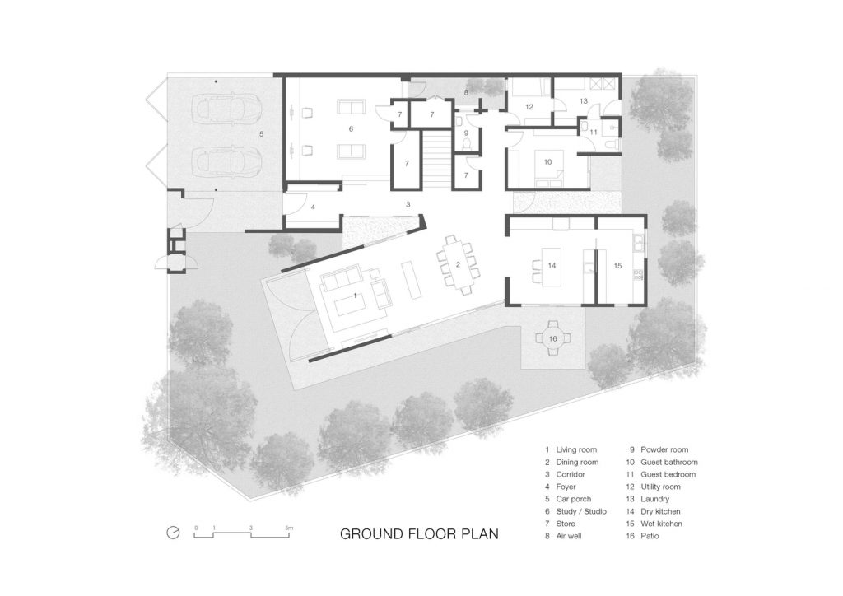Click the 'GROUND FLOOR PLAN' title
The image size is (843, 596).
coord(419,533)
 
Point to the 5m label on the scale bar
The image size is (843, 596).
coord(289,528)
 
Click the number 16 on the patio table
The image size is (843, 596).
coord(552,339)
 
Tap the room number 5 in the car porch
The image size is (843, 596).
coord(262,134)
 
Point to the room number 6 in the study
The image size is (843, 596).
coord(351,129)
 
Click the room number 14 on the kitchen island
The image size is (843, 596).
coord(552,266)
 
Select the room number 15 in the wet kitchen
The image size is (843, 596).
coord(617,266)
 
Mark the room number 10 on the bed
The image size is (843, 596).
coord(547,162)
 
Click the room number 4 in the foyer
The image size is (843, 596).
coord(313,207)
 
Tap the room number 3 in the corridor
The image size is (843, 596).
coord(408,204)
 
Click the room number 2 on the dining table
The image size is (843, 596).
coord(458,264)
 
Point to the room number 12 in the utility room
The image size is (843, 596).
coord(529,107)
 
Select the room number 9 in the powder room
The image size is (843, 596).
coord(466,133)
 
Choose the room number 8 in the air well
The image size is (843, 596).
coord(466,92)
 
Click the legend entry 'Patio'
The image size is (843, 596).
coord(650,536)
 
